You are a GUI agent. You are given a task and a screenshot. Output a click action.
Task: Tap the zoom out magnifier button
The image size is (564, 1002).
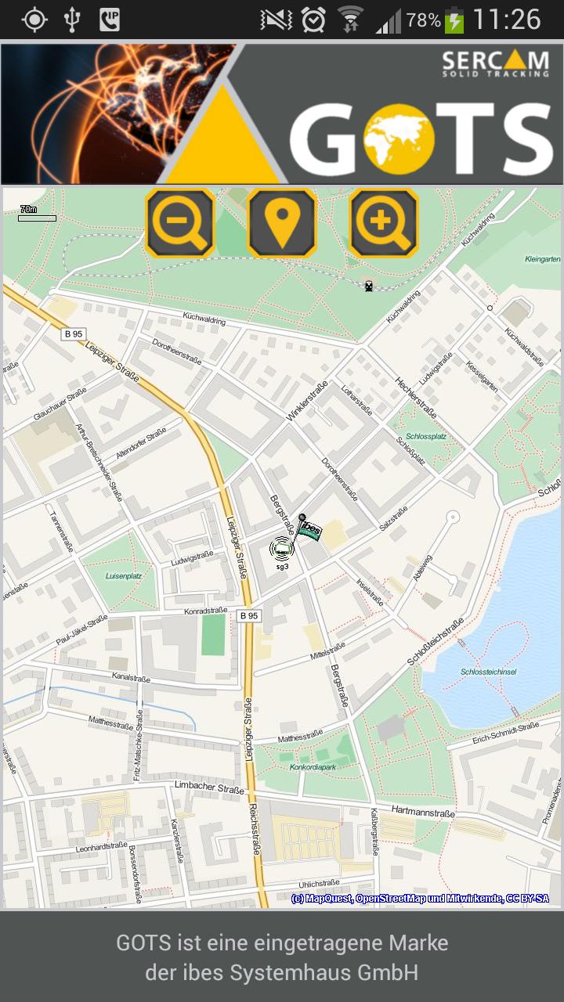tap(180, 222)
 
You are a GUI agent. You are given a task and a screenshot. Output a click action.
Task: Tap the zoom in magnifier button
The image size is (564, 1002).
tap(384, 222)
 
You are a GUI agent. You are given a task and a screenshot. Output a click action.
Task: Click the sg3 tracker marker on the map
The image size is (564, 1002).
tap(281, 550)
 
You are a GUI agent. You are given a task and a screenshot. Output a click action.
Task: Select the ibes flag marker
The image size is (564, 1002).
tap(309, 529)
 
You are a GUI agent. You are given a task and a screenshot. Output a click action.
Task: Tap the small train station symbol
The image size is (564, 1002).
tap(368, 286)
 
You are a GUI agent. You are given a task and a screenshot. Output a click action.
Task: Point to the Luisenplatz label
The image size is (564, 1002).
tap(123, 575)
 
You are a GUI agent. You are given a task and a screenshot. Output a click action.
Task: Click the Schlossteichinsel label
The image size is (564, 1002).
tap(488, 672)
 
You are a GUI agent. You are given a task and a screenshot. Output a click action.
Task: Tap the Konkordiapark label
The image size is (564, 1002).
tap(313, 767)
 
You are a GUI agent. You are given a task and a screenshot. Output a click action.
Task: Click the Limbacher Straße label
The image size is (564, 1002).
tap(209, 785)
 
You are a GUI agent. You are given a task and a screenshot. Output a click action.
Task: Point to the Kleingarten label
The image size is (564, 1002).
tap(542, 258)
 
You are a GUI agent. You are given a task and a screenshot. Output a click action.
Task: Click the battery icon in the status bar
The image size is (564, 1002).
tap(454, 20)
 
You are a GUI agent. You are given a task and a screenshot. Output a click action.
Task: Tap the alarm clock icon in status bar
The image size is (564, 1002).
tap(313, 20)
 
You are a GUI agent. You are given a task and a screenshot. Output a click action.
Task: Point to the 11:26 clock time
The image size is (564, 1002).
tap(507, 20)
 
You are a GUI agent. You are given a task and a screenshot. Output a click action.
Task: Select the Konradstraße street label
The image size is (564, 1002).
tap(205, 611)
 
